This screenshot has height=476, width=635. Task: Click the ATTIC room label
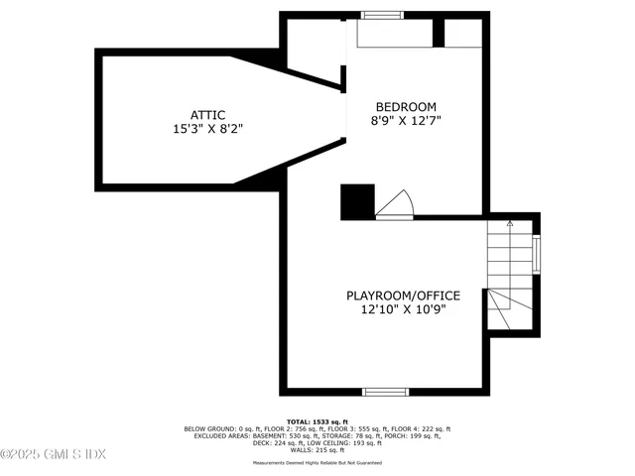click(x=207, y=114)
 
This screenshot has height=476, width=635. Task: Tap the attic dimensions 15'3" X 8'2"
click(x=207, y=128)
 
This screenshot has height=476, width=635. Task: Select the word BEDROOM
click(x=405, y=106)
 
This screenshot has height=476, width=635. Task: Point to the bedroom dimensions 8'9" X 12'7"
click(x=405, y=120)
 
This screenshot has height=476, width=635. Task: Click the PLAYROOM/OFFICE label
click(x=395, y=296)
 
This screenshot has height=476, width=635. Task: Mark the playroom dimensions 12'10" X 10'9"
click(x=395, y=309)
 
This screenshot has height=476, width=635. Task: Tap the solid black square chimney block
click(x=355, y=202)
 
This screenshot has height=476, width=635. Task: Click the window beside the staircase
click(x=537, y=254)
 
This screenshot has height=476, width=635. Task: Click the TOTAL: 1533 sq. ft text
click(x=317, y=421)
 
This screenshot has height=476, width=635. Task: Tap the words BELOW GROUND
click(x=210, y=428)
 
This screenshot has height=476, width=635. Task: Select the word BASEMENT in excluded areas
click(x=273, y=435)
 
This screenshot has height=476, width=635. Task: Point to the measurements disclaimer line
click(x=317, y=462)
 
